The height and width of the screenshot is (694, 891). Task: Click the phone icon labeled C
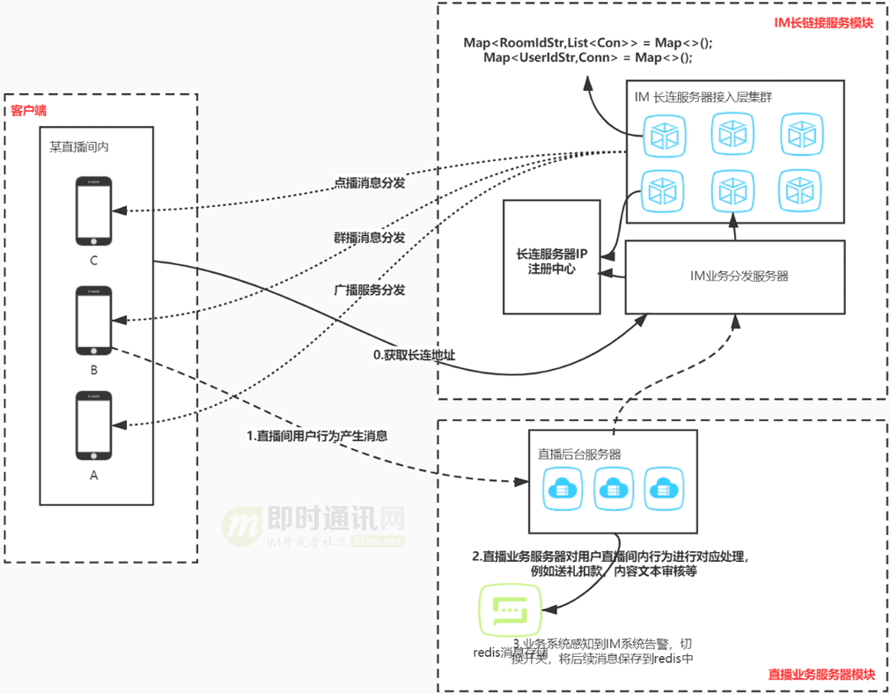pyautogui.click(x=93, y=211)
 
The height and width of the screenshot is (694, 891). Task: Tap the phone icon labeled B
pyautogui.click(x=93, y=320)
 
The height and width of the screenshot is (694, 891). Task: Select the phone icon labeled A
pyautogui.click(x=93, y=425)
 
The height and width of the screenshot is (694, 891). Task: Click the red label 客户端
pyautogui.click(x=28, y=111)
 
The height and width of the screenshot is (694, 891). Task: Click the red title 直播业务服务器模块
pyautogui.click(x=821, y=675)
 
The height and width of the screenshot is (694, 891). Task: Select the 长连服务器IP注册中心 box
pyautogui.click(x=551, y=257)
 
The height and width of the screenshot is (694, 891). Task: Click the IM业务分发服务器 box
pyautogui.click(x=739, y=276)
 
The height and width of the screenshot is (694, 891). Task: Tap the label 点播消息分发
pyautogui.click(x=369, y=183)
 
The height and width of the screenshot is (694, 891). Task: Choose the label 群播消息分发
pyautogui.click(x=369, y=237)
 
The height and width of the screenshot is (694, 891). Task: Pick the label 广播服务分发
pyautogui.click(x=369, y=289)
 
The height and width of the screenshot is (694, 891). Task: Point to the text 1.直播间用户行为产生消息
pyautogui.click(x=317, y=435)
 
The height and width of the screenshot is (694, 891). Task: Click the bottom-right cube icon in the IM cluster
pyautogui.click(x=800, y=188)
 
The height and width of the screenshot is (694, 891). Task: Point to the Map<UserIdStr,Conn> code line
pyautogui.click(x=588, y=57)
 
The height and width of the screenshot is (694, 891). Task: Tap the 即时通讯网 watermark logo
pyautogui.click(x=313, y=527)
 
